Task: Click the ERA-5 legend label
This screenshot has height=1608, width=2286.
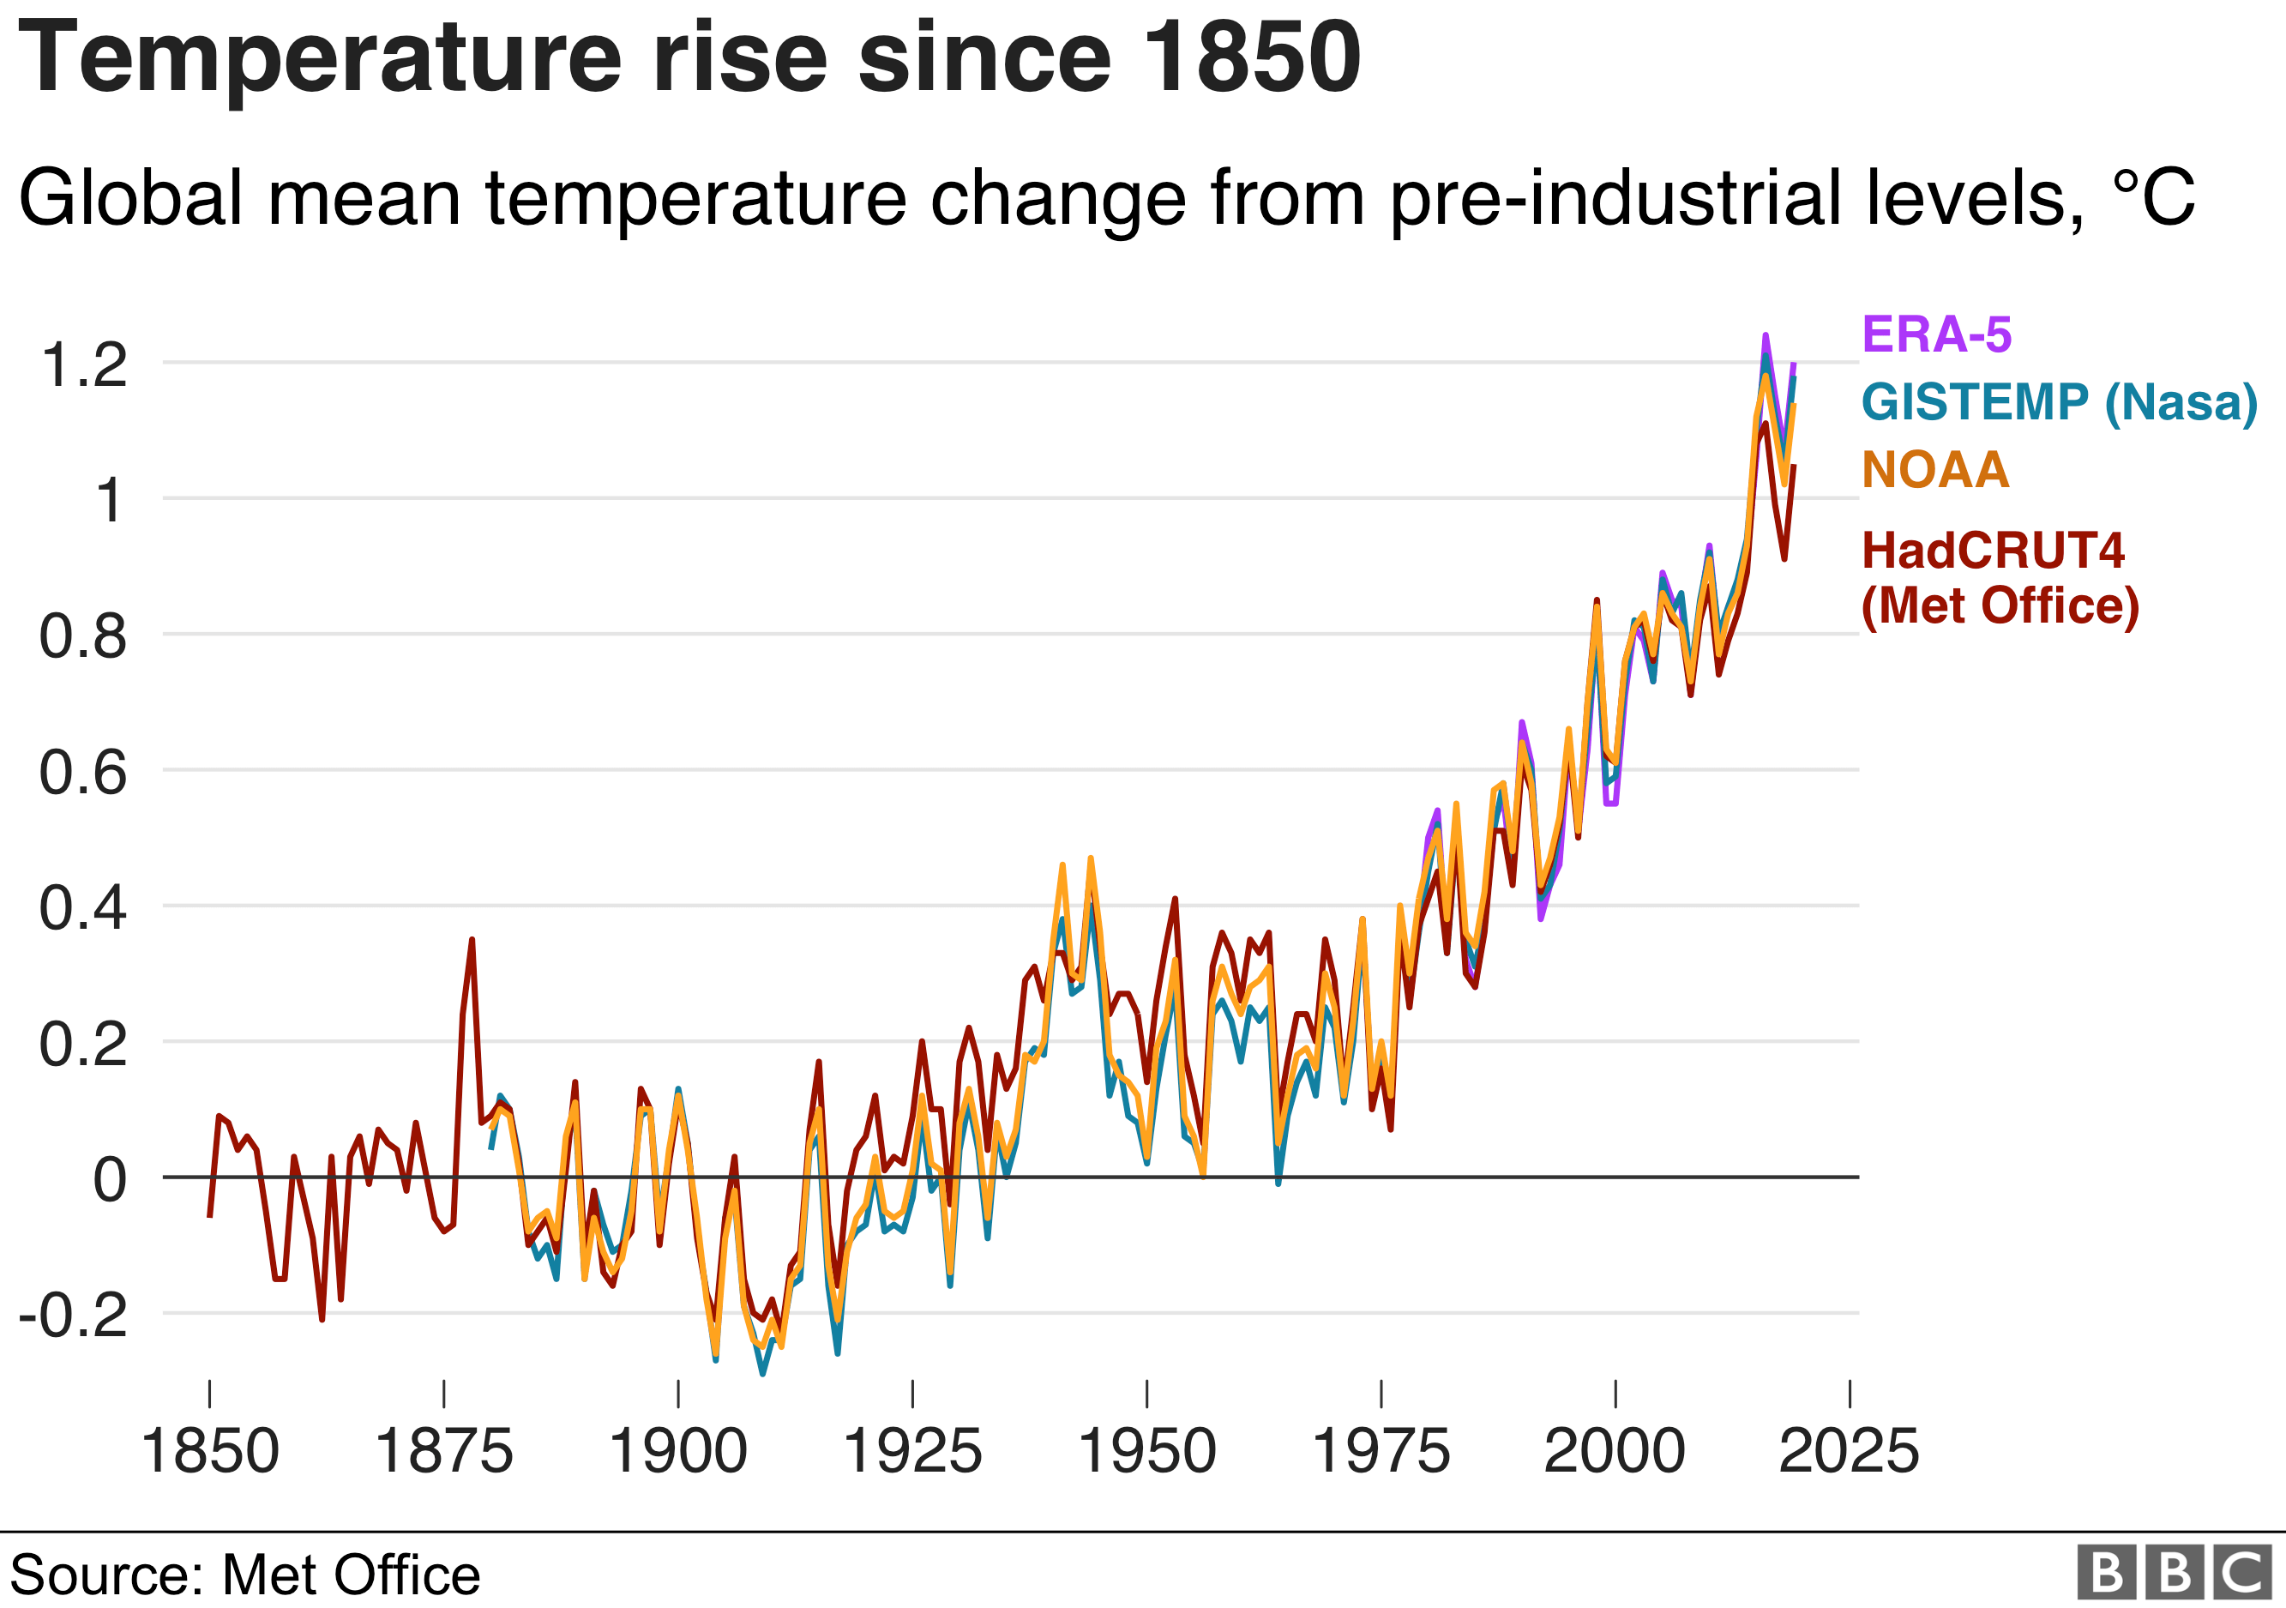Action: pos(1936,334)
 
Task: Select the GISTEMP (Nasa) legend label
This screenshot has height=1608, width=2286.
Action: pos(2059,402)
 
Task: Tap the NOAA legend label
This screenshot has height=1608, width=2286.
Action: pos(1935,470)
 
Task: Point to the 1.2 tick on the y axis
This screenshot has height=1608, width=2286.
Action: pos(84,364)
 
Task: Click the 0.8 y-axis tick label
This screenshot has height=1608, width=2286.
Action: pos(84,636)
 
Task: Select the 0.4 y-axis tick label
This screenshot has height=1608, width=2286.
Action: pos(84,908)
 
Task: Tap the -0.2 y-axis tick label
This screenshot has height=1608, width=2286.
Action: pos(74,1316)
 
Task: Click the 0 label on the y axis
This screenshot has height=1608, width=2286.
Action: pos(110,1180)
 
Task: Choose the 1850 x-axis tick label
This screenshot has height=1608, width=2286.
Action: pos(209,1451)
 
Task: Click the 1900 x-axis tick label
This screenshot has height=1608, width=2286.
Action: pos(678,1451)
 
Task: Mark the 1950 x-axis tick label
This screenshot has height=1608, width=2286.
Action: pos(1147,1451)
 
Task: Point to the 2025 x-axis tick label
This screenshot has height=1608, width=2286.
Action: pos(1849,1451)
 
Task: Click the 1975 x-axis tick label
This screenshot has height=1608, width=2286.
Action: pos(1381,1451)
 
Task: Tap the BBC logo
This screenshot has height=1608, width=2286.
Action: pos(2175,1572)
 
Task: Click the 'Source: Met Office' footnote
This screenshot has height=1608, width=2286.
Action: pos(245,1575)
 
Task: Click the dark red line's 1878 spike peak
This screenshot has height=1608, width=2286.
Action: pos(472,939)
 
